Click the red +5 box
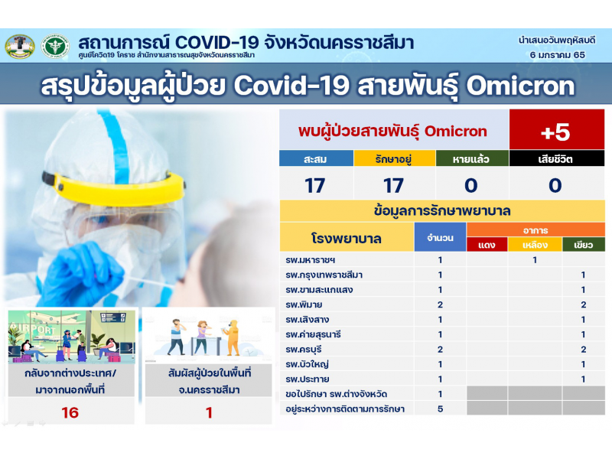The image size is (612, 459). click(557, 129)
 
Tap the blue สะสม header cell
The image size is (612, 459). click(316, 159)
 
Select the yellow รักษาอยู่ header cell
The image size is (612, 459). click(394, 159)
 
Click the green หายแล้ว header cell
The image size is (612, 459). click(472, 159)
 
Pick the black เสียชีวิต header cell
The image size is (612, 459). click(557, 159)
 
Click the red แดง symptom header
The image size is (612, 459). click(487, 245)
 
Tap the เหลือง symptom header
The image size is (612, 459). click(535, 245)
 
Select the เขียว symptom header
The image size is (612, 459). click(584, 245)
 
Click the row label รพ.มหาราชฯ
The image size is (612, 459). click(311, 260)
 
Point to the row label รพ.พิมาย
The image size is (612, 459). click(304, 304)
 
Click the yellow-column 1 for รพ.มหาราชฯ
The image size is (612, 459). click(535, 260)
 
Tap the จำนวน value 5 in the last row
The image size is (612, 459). click(441, 409)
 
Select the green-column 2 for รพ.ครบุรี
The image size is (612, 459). click(583, 350)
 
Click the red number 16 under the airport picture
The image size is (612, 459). click(70, 412)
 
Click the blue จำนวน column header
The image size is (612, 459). click(441, 237)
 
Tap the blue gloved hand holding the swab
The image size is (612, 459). click(82, 273)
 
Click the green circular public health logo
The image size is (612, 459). click(55, 46)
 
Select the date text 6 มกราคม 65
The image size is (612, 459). click(558, 55)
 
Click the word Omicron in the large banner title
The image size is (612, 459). click(521, 86)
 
